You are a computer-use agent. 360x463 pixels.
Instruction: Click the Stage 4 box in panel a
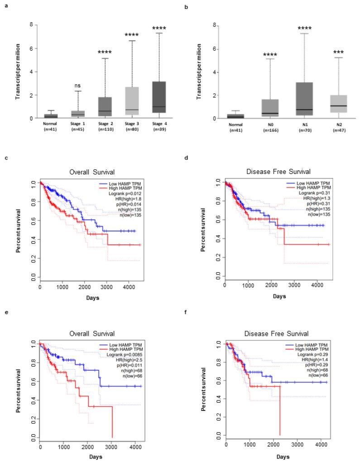coord(159,97)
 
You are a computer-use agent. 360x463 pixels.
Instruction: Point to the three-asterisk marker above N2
coord(338,52)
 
